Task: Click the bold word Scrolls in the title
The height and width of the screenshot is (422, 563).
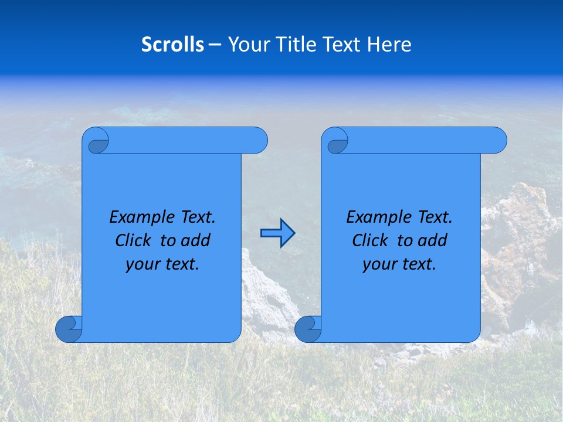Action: pos(172,45)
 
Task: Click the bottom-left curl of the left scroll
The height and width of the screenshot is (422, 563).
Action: pos(69,329)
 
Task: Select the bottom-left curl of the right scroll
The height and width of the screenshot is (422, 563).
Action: pos(308,329)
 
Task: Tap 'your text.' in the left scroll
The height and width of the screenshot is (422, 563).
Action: pos(162,264)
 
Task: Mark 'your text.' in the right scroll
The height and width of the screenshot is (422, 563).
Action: pos(399,264)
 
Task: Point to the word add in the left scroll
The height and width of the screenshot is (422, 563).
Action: pos(195,241)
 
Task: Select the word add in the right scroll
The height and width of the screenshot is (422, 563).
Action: pos(432,241)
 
